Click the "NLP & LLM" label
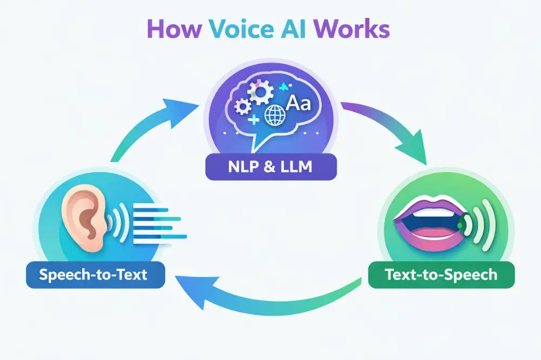pos(270,167)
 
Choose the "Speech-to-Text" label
pos(94,275)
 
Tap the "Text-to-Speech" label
pos(441,275)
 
